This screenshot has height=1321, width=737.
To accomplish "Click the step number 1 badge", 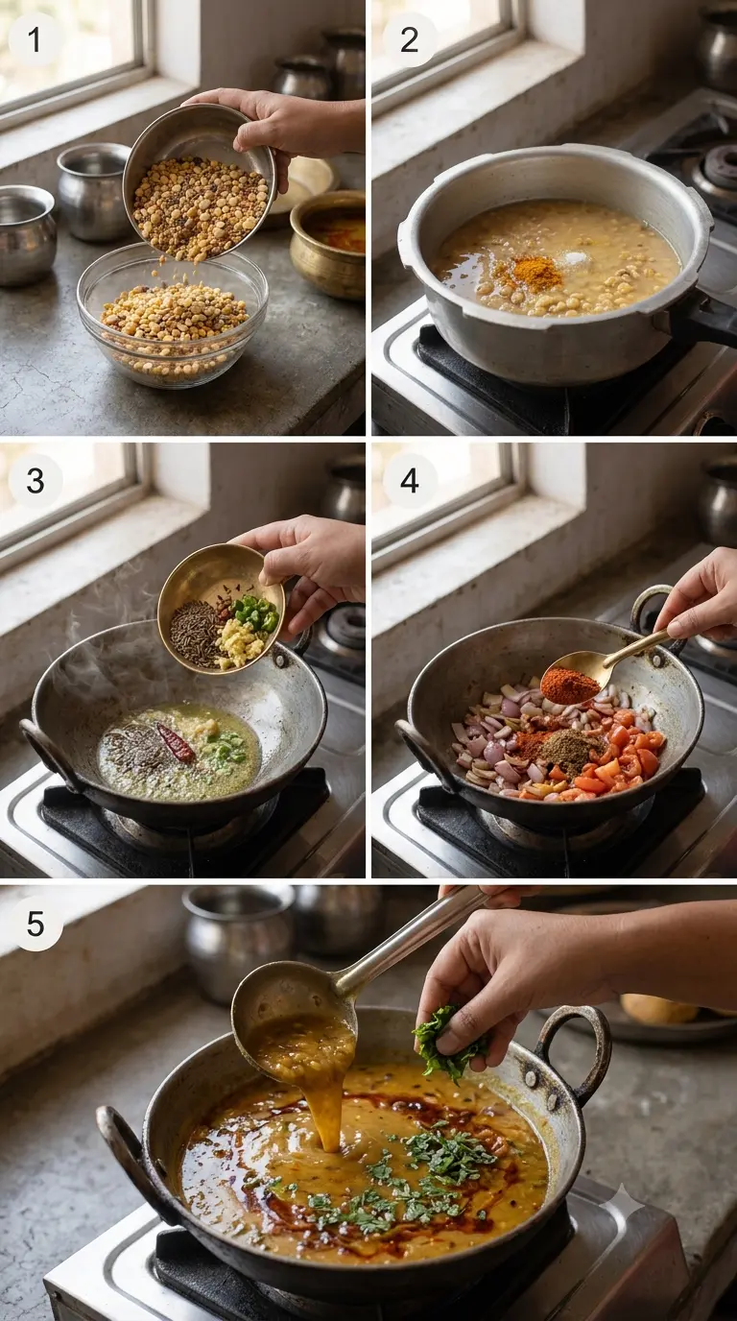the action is pos(35,39).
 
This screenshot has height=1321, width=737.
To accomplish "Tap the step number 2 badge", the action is pos(409,39).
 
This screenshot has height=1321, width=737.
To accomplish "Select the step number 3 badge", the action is pos(36,481).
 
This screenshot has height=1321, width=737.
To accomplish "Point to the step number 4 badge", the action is pos(409,481).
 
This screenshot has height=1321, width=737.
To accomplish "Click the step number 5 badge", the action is pos(36,923).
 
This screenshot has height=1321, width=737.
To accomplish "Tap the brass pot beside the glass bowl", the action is pos(328,243).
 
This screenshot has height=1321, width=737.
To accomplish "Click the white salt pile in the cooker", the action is pos(575,258).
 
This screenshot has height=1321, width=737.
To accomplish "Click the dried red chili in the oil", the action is pos(176,742).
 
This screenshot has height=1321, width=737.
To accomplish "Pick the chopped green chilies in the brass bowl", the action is pos(254,613).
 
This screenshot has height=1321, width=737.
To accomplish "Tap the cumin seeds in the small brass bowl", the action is pos(194,634).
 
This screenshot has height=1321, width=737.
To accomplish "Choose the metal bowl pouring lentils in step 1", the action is pos(200,182).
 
